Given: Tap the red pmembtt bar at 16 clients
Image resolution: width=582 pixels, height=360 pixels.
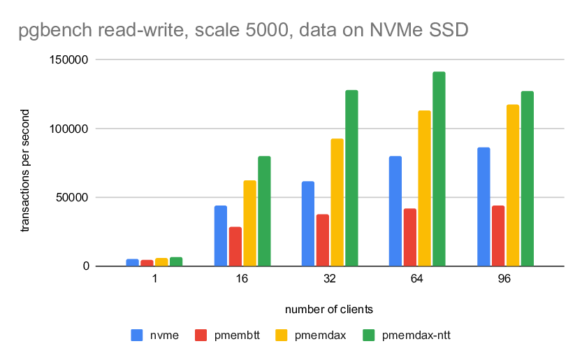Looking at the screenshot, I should pos(235,246).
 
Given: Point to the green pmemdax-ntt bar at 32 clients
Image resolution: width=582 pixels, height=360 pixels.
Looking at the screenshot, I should pos(351,178).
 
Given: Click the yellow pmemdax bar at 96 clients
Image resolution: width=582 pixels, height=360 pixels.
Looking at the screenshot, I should pos(513,185).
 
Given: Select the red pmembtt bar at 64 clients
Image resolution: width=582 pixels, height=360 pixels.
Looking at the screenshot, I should pos(410,237).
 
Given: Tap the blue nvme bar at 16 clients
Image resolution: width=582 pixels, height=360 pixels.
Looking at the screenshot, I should pos(220,236).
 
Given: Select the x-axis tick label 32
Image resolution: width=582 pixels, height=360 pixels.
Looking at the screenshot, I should pos(330,279).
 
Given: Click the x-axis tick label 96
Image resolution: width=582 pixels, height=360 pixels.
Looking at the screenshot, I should pos(505,279).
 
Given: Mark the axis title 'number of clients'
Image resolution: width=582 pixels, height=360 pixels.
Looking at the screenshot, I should pos(329,308).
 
